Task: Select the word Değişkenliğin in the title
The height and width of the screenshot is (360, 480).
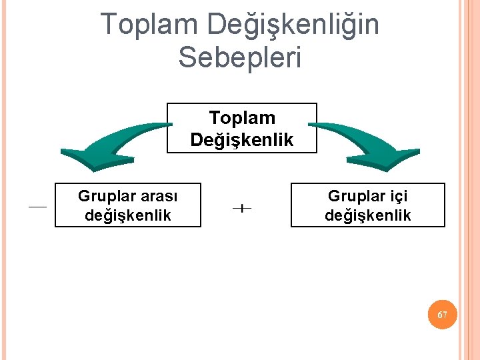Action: click(x=293, y=25)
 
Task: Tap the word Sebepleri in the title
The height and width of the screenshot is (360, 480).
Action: click(x=240, y=57)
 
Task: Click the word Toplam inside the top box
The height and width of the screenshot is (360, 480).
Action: click(x=242, y=118)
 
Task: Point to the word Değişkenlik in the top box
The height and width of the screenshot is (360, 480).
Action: click(x=242, y=139)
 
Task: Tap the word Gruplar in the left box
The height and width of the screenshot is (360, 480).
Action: click(x=103, y=197)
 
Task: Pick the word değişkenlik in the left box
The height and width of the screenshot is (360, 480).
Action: click(x=128, y=215)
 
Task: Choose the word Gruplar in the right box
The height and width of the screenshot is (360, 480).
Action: click(x=353, y=197)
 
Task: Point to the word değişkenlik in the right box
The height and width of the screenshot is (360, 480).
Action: click(x=368, y=215)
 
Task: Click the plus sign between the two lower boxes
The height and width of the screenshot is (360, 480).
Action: click(x=242, y=209)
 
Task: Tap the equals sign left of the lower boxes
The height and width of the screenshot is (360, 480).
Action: click(x=37, y=207)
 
